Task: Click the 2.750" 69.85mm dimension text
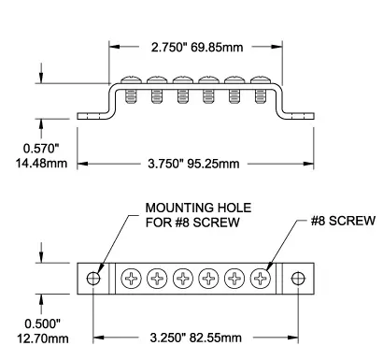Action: pos(197,48)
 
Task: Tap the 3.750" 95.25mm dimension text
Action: pos(193,164)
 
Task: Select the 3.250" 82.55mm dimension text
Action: pos(196,338)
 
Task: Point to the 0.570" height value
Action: pos(41,149)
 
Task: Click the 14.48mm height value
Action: pos(41,163)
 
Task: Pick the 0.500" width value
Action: pos(42,324)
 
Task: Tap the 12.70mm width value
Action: pos(43,338)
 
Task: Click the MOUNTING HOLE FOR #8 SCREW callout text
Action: pos(198,215)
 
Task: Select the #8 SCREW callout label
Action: pos(343,221)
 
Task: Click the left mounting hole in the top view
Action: pos(93,279)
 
